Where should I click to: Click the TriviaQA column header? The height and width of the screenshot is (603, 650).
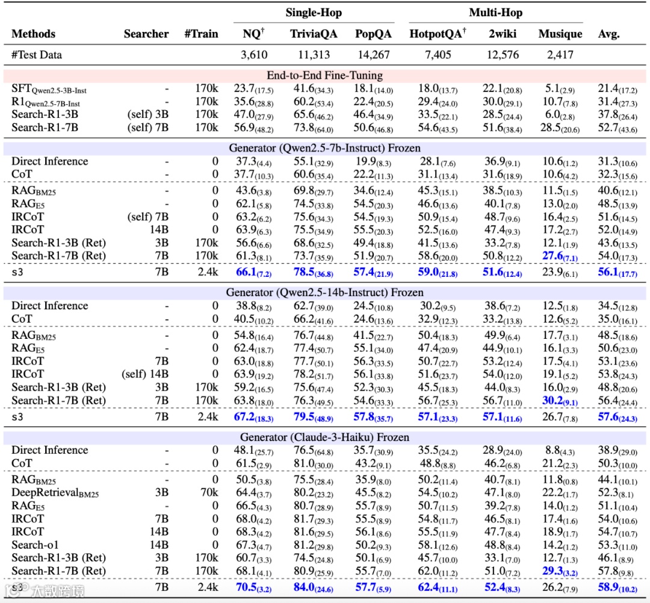pyautogui.click(x=314, y=34)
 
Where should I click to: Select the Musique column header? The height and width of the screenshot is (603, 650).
pyautogui.click(x=560, y=34)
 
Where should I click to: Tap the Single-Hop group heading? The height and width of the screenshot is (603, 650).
pyautogui.click(x=313, y=13)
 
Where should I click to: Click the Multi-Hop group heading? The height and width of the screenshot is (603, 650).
pyautogui.click(x=495, y=13)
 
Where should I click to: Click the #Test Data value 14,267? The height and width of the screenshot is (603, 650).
pyautogui.click(x=373, y=55)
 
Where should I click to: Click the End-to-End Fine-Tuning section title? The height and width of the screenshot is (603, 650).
pyautogui.click(x=325, y=76)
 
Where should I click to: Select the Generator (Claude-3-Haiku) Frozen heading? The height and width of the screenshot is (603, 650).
pyautogui.click(x=325, y=438)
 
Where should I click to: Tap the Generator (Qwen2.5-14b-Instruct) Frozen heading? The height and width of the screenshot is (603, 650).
pyautogui.click(x=325, y=293)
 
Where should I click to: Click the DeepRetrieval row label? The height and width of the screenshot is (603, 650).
pyautogui.click(x=55, y=492)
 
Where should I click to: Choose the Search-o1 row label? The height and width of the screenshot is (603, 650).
pyautogui.click(x=37, y=545)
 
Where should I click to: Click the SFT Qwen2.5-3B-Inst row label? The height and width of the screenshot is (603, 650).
pyautogui.click(x=49, y=89)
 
